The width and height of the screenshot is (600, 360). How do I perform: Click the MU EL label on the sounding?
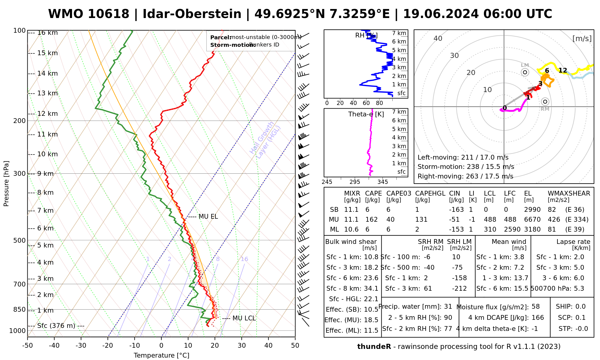tap(208, 217)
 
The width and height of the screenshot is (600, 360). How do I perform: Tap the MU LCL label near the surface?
tap(244, 318)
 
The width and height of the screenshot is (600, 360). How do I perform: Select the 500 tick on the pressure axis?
tap(20, 240)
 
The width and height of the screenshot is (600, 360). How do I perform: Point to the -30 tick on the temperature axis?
tap(81, 346)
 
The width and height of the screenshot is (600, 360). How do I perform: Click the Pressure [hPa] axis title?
tap(6, 184)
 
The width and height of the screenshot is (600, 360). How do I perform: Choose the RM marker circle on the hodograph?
tap(545, 102)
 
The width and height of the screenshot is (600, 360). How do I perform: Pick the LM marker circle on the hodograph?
tap(525, 72)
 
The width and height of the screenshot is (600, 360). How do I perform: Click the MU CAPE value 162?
tap(371, 220)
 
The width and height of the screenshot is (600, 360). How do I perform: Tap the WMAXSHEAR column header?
tap(569, 193)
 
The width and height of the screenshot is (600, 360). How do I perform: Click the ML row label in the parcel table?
tap(334, 229)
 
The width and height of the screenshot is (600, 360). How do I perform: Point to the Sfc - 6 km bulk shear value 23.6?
tap(371, 278)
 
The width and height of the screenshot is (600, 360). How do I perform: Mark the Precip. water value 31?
tap(448, 307)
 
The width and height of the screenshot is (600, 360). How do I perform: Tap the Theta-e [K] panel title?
tap(366, 114)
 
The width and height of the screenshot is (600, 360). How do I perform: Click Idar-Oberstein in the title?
tap(192, 14)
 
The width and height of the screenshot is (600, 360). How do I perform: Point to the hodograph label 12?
tap(563, 70)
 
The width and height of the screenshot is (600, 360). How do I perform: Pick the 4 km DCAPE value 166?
tap(538, 318)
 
